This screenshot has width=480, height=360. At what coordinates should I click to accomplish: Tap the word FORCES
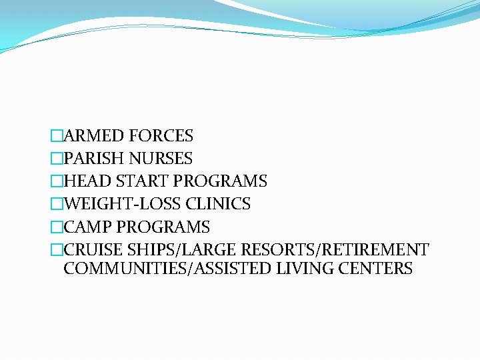161,136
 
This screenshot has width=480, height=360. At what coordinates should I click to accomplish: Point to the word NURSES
161,159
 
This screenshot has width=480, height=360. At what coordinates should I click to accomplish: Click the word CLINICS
218,204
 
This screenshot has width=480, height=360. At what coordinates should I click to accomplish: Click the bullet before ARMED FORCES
57,137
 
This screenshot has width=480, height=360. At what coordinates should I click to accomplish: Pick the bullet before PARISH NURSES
57,159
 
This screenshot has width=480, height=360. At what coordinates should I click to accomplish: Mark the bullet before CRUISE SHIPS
57,251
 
